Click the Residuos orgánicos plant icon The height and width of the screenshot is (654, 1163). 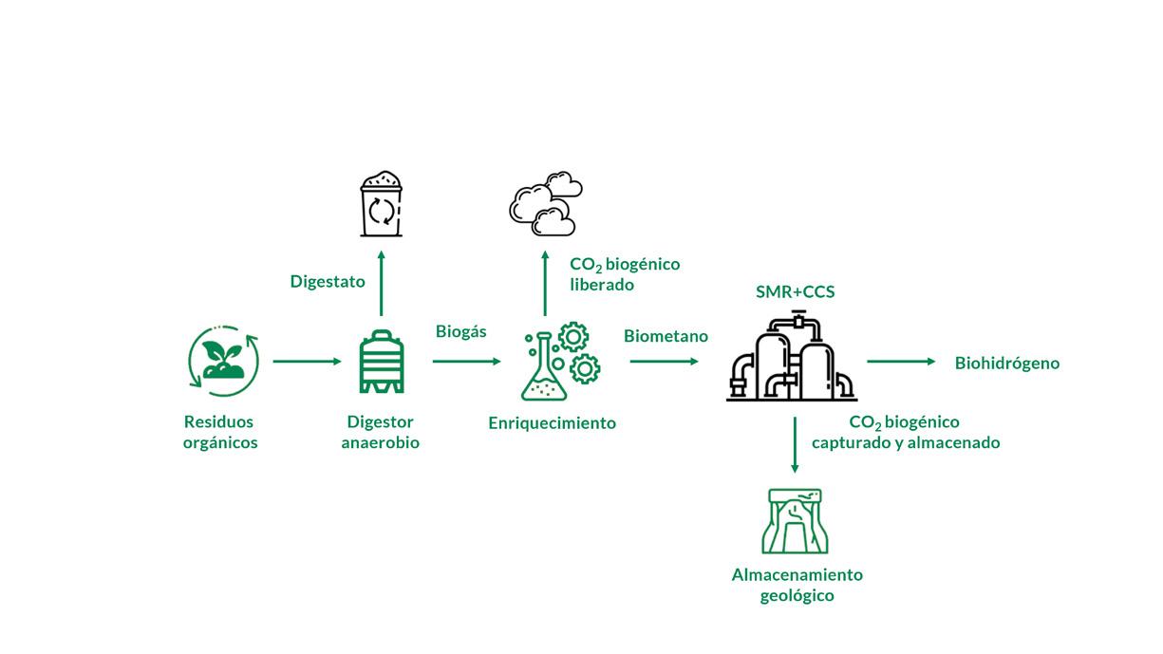[x=223, y=361]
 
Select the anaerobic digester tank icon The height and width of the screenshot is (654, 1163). [x=381, y=362]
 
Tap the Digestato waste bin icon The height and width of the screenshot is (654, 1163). [x=381, y=203]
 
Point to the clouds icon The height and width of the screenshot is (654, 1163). [x=544, y=203]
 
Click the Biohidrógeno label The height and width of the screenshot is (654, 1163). [x=1007, y=363]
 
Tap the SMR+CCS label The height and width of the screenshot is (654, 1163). [x=795, y=291]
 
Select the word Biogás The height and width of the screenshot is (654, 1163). [x=460, y=331]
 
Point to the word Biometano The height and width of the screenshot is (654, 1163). [x=666, y=336]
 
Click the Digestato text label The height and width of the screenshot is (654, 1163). [x=328, y=282]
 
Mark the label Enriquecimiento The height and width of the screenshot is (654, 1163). [x=552, y=423]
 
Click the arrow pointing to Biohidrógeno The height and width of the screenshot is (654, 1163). [x=901, y=362]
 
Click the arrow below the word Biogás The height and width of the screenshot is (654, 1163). [x=466, y=362]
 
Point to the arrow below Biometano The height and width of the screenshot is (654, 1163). [x=664, y=362]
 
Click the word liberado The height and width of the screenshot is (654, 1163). [x=602, y=285]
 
